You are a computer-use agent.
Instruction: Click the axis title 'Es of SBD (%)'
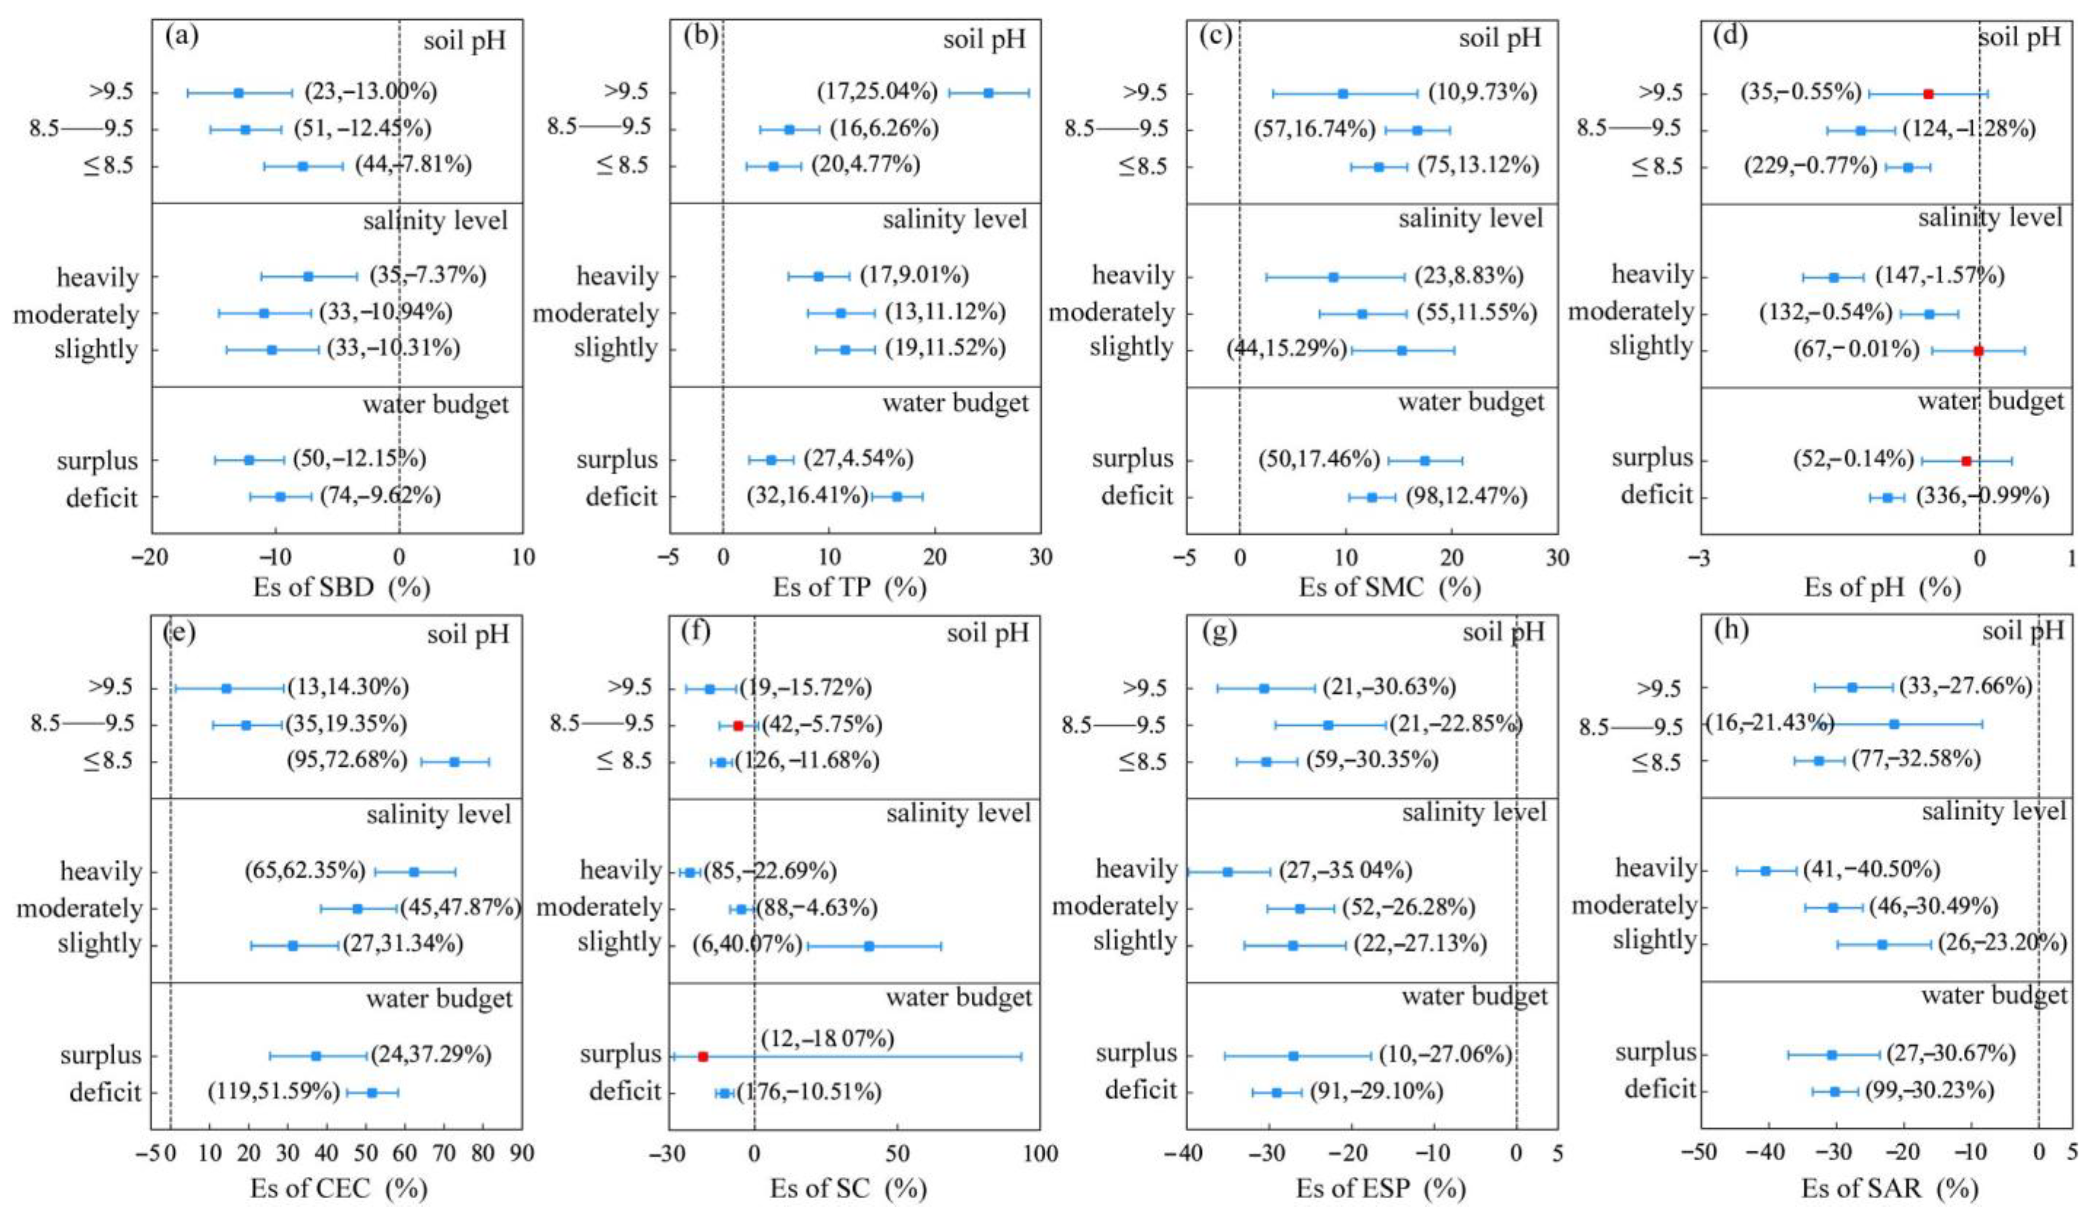pyautogui.click(x=342, y=587)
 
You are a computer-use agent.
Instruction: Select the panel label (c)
pyautogui.click(x=1216, y=37)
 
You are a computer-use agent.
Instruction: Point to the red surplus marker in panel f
pyautogui.click(x=702, y=1056)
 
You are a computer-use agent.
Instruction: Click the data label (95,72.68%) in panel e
pyautogui.click(x=348, y=760)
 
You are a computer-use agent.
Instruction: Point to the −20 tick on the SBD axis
pyautogui.click(x=150, y=557)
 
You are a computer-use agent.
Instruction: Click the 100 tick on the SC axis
pyautogui.click(x=1040, y=1153)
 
